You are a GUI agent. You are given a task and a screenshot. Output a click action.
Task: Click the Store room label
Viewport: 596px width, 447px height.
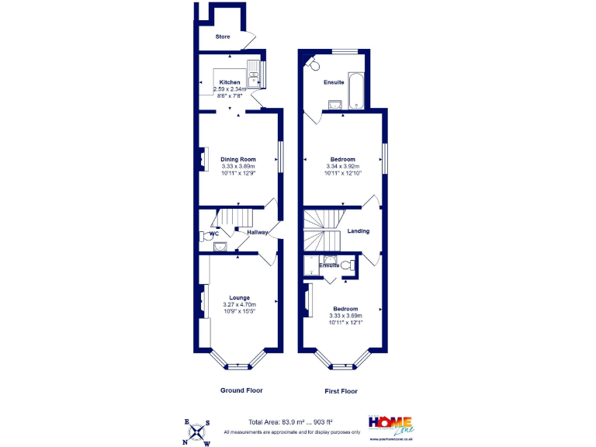[223, 36]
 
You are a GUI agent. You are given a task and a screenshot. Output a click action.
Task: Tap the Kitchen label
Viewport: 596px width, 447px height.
[229, 82]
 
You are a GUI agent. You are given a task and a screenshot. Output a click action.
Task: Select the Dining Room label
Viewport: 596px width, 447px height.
[238, 159]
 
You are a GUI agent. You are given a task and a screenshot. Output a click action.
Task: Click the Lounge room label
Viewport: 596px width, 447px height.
[239, 297]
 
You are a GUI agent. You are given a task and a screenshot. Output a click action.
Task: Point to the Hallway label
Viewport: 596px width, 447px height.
[258, 232]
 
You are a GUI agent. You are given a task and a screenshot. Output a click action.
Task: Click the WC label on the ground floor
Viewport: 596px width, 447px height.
[214, 232]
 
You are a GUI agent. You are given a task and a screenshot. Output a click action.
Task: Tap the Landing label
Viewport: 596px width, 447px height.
[358, 230]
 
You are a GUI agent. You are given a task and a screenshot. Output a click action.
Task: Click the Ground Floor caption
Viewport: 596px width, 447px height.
[242, 390]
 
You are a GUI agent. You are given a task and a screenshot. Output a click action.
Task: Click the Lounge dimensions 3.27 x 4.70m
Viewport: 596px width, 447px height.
[239, 304]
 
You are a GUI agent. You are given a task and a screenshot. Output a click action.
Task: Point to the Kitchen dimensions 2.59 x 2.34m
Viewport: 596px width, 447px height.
[229, 89]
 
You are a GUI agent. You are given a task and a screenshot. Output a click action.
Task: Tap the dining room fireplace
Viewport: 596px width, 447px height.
[203, 158]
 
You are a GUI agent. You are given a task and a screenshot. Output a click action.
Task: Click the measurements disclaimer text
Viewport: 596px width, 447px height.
[292, 431]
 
